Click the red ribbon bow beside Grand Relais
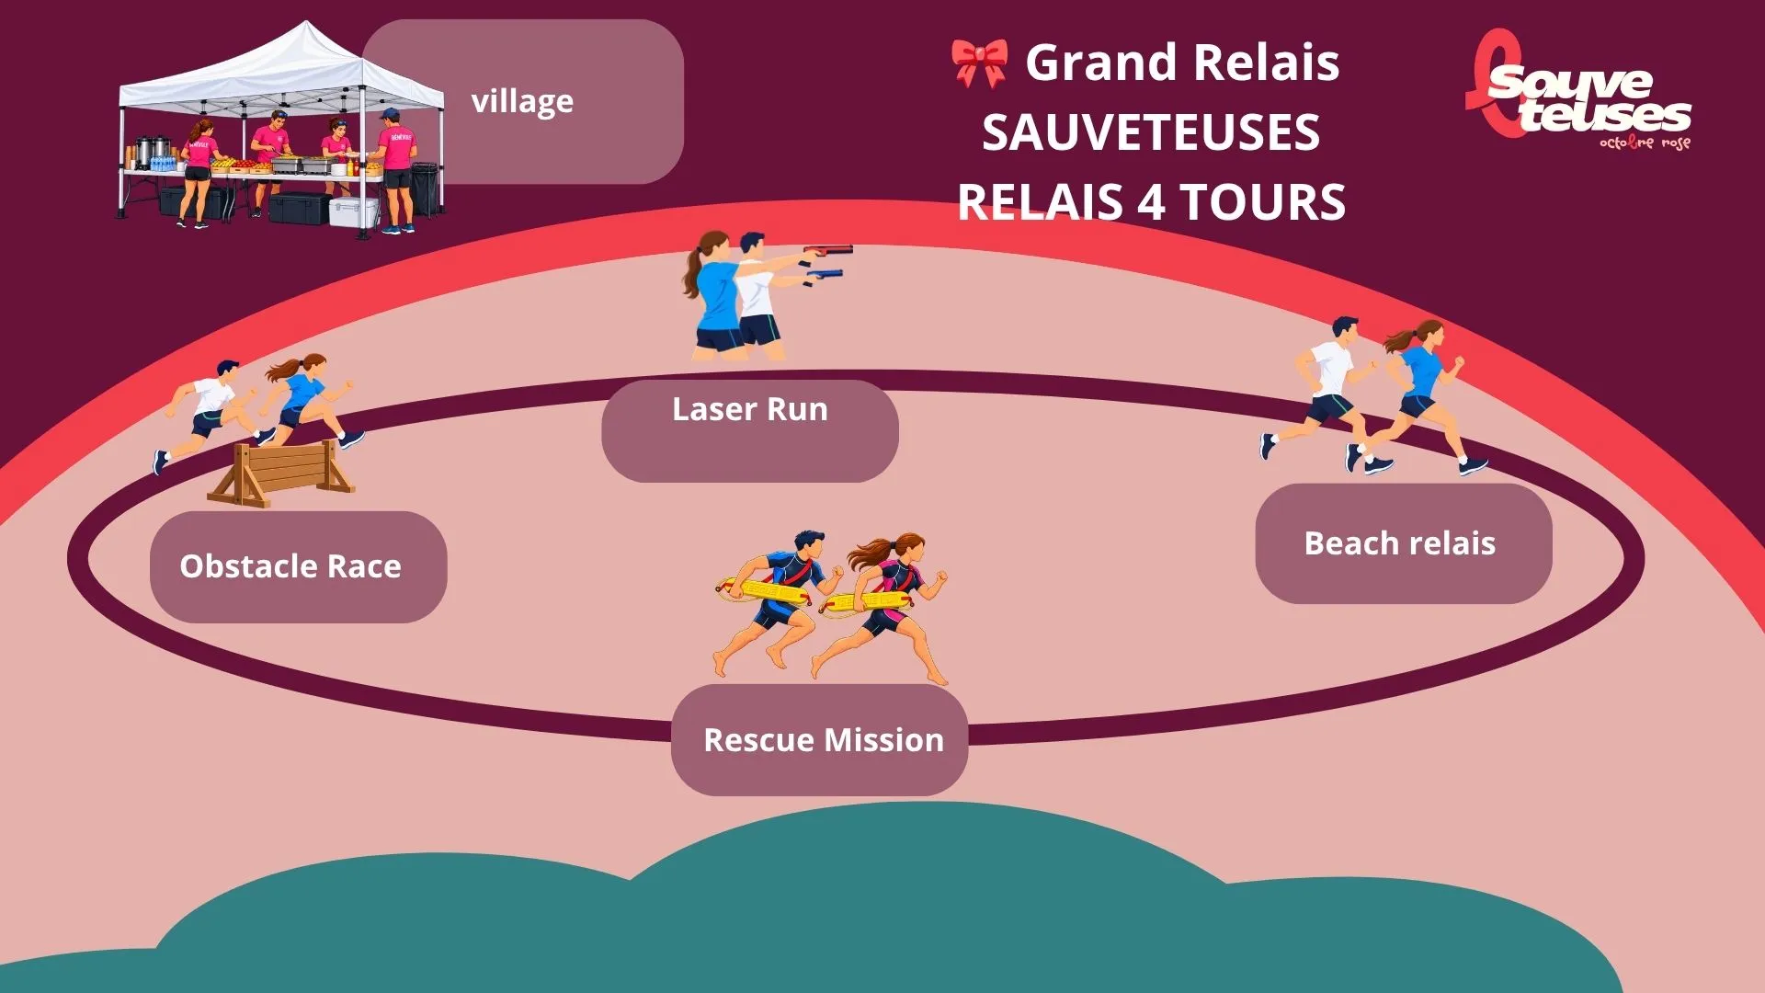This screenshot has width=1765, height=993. click(x=980, y=63)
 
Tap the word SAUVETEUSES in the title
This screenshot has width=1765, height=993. click(x=1151, y=132)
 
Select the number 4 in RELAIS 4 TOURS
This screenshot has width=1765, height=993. click(x=1153, y=202)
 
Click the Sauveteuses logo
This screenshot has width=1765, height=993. click(x=1578, y=90)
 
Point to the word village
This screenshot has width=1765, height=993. click(x=522, y=101)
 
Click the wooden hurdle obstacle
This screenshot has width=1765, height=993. click(x=281, y=473)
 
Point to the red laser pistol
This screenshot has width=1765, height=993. click(x=827, y=250)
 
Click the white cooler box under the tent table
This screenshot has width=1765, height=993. click(x=354, y=212)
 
